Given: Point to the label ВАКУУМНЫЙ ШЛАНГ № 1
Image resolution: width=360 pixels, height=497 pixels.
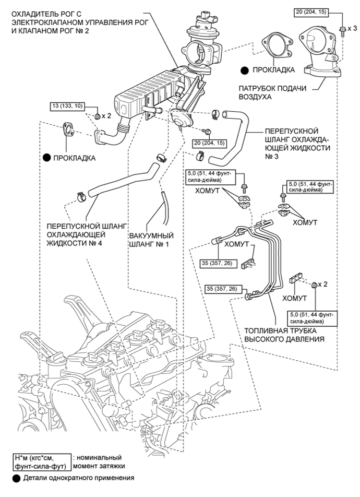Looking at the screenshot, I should (151, 240).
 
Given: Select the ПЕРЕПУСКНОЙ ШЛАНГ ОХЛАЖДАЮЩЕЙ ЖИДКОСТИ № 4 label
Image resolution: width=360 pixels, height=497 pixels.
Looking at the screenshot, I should (87, 235).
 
